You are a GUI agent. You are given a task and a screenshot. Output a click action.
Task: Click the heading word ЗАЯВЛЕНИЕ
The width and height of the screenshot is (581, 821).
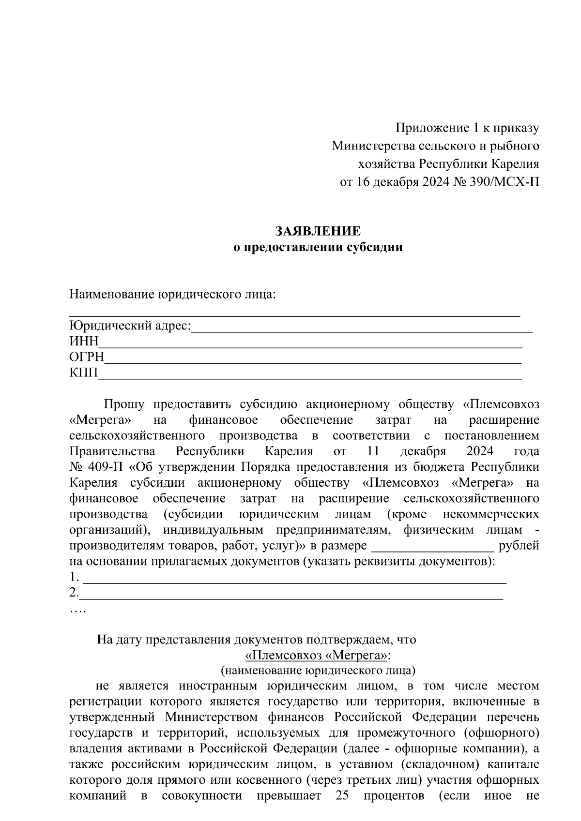click(x=318, y=231)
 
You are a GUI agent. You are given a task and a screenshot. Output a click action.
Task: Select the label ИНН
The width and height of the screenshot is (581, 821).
click(x=84, y=342)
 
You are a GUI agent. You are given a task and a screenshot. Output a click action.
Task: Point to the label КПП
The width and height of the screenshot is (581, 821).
click(x=84, y=373)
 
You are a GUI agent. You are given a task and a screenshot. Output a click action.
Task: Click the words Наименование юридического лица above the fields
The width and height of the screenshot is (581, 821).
click(x=172, y=295)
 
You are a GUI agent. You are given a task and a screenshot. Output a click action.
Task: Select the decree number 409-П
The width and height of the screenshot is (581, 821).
click(x=107, y=467)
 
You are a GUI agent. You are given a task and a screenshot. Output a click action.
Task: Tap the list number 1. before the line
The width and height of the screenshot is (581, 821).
click(x=74, y=577)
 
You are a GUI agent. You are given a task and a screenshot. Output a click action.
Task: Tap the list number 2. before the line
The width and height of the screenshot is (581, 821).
click(x=74, y=593)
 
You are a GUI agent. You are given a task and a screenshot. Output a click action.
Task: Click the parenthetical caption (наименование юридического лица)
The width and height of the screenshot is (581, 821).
click(x=318, y=671)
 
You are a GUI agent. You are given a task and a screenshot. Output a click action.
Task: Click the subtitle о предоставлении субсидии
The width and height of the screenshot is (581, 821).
click(x=318, y=248)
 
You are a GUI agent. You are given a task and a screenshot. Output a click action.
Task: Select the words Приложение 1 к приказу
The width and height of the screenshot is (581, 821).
click(x=467, y=128)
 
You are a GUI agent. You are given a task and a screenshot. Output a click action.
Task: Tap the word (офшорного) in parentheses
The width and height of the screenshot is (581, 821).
click(x=502, y=733)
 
